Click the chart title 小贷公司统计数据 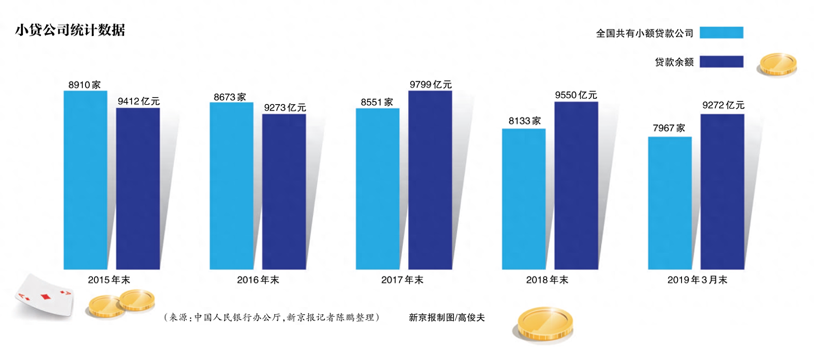pos(70,30)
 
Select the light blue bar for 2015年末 pos(85,180)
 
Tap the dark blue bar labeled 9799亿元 pos(430,180)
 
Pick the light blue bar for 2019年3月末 pos(670,203)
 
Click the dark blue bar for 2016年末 pos(284,192)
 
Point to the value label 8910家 pos(84,85)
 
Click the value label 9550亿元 pos(576,95)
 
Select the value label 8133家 pos(525,121)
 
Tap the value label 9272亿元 pos(723,105)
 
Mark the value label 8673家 pos(230,97)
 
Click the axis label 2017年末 pos(402,280)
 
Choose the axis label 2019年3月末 pos(697,280)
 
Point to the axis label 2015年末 pos(109,280)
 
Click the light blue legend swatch pos(721,33)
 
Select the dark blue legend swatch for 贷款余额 pos(721,62)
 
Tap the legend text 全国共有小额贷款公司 pos(644,33)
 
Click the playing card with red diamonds pos(45,296)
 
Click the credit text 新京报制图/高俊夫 pos(447,318)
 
